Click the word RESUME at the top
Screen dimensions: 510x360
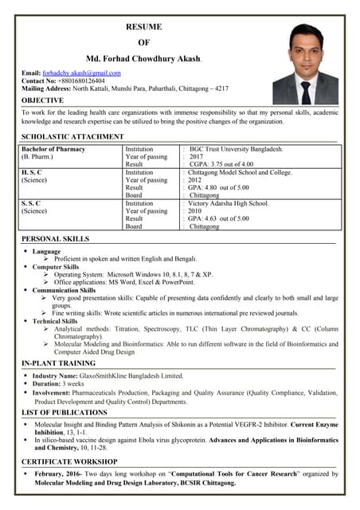[x=144, y=27]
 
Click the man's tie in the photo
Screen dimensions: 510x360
[x=307, y=91]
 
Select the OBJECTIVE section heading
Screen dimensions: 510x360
[x=43, y=101]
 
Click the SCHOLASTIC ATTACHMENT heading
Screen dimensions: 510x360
[x=72, y=137]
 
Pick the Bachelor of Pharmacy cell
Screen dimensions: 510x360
[x=53, y=149]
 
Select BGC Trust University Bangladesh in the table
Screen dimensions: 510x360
[x=236, y=149]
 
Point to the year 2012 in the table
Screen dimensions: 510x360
[x=195, y=180]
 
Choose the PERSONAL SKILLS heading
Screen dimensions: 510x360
[x=55, y=239]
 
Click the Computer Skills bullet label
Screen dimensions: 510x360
[x=61, y=267]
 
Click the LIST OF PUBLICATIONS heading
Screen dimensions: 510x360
[x=65, y=412]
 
